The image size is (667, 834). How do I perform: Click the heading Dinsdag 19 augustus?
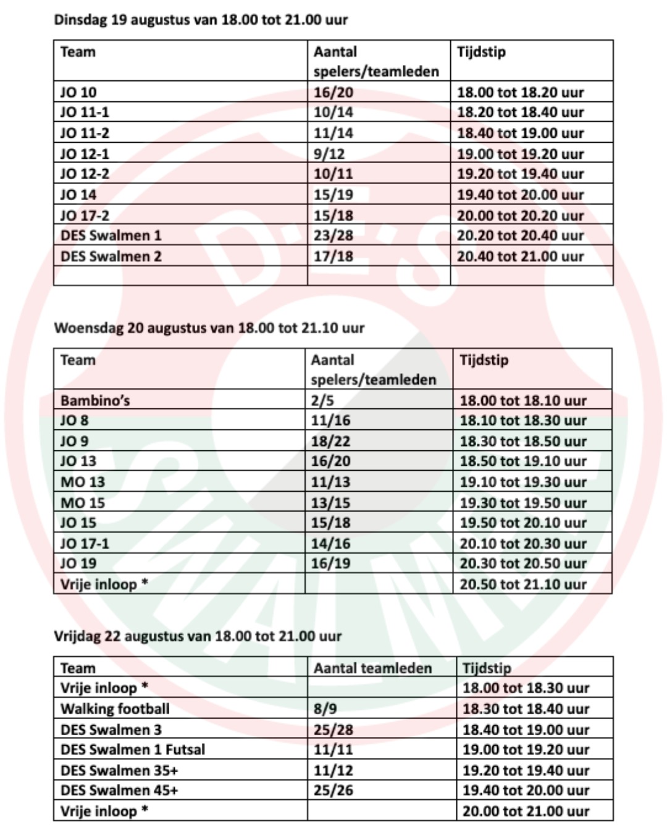[201, 20]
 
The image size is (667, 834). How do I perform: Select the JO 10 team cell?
[78, 92]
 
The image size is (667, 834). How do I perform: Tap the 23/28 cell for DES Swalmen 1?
[333, 235]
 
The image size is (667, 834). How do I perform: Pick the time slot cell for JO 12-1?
[520, 154]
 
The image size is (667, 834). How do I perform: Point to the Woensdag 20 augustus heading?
[209, 327]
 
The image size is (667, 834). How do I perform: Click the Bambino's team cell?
[95, 400]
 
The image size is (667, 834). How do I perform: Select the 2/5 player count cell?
[322, 400]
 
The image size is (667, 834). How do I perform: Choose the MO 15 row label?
[83, 503]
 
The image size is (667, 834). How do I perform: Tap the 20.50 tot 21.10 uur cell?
[522, 584]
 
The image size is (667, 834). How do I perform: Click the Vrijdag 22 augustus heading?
[198, 636]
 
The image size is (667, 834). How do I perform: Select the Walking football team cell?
[115, 709]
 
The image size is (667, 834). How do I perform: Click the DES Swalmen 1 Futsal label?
[133, 749]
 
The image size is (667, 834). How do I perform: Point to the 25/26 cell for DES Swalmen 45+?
[333, 790]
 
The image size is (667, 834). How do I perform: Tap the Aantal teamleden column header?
[372, 668]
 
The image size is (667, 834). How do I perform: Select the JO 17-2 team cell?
[85, 216]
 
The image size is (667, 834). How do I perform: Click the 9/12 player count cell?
[329, 154]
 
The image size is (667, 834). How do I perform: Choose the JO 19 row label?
[78, 563]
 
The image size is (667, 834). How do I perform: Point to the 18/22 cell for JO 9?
[330, 441]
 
